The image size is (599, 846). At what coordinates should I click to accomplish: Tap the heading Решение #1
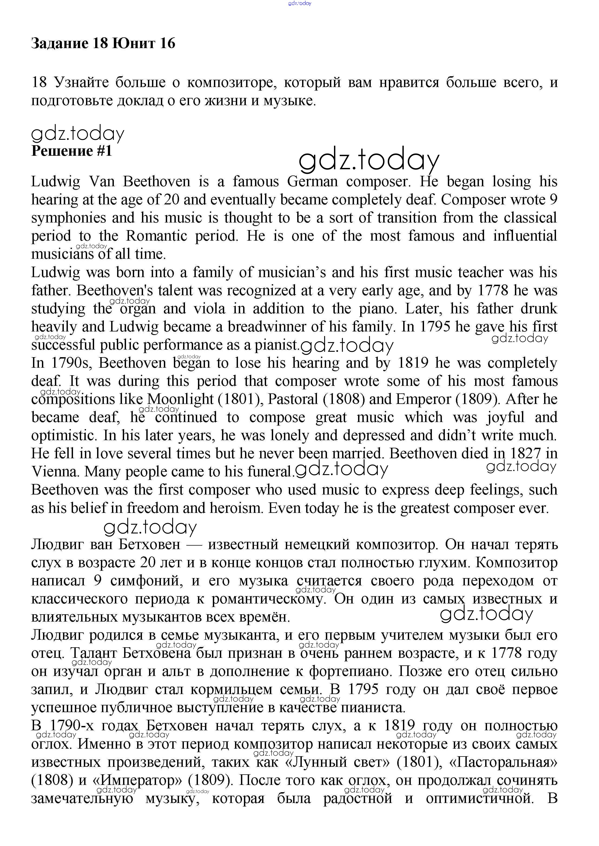(72, 151)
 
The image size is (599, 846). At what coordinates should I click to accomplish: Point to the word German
(312, 182)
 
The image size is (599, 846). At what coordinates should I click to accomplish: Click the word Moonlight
(180, 399)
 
